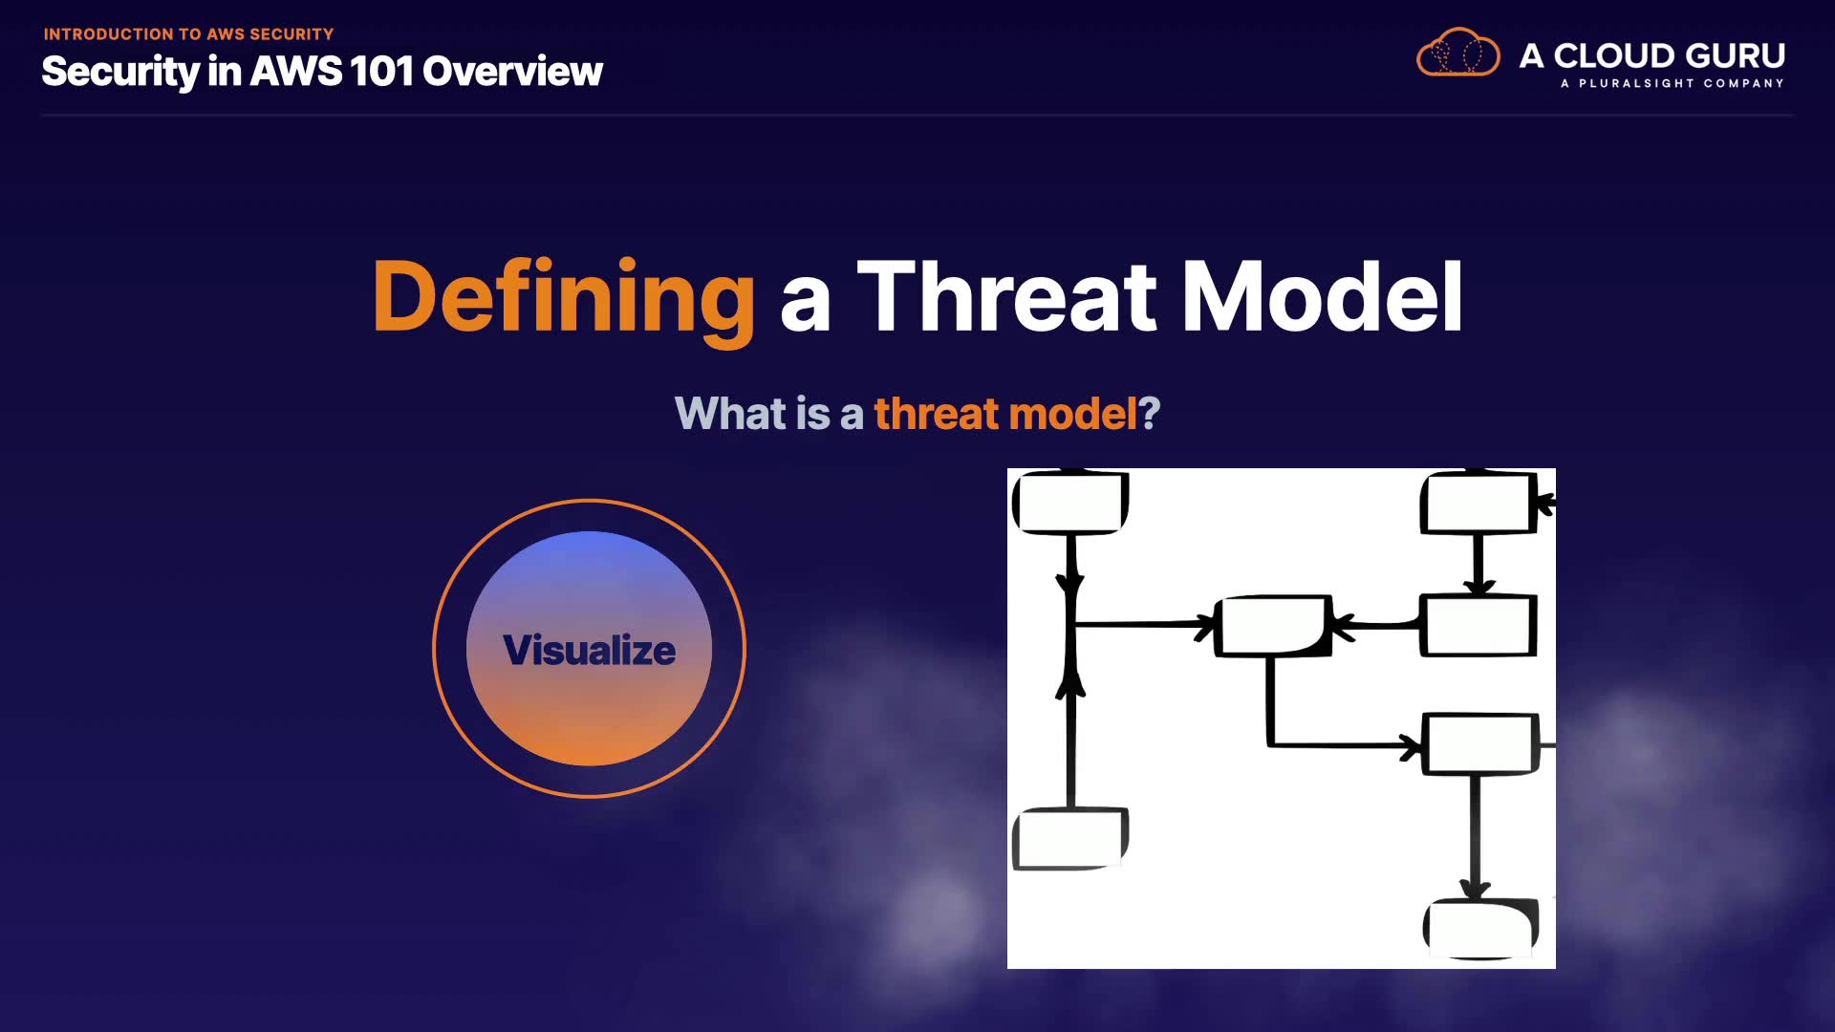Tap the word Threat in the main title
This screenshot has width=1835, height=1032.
(x=1008, y=297)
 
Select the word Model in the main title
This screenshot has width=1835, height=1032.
(x=1323, y=297)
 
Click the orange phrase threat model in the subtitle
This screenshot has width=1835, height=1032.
(x=1005, y=414)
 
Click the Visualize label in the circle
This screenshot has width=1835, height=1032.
(x=590, y=650)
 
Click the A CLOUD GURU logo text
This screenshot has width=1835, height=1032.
(x=1652, y=55)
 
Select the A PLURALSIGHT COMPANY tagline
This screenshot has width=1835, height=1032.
(x=1673, y=83)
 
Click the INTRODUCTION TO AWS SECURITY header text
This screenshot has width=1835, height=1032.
(x=188, y=34)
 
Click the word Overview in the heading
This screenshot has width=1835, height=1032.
(x=512, y=71)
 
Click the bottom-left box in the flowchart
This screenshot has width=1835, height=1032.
(x=1070, y=838)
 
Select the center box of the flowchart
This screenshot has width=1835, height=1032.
(x=1273, y=626)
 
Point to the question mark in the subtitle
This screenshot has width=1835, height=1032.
(x=1149, y=414)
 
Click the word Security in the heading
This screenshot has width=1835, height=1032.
(x=119, y=73)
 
